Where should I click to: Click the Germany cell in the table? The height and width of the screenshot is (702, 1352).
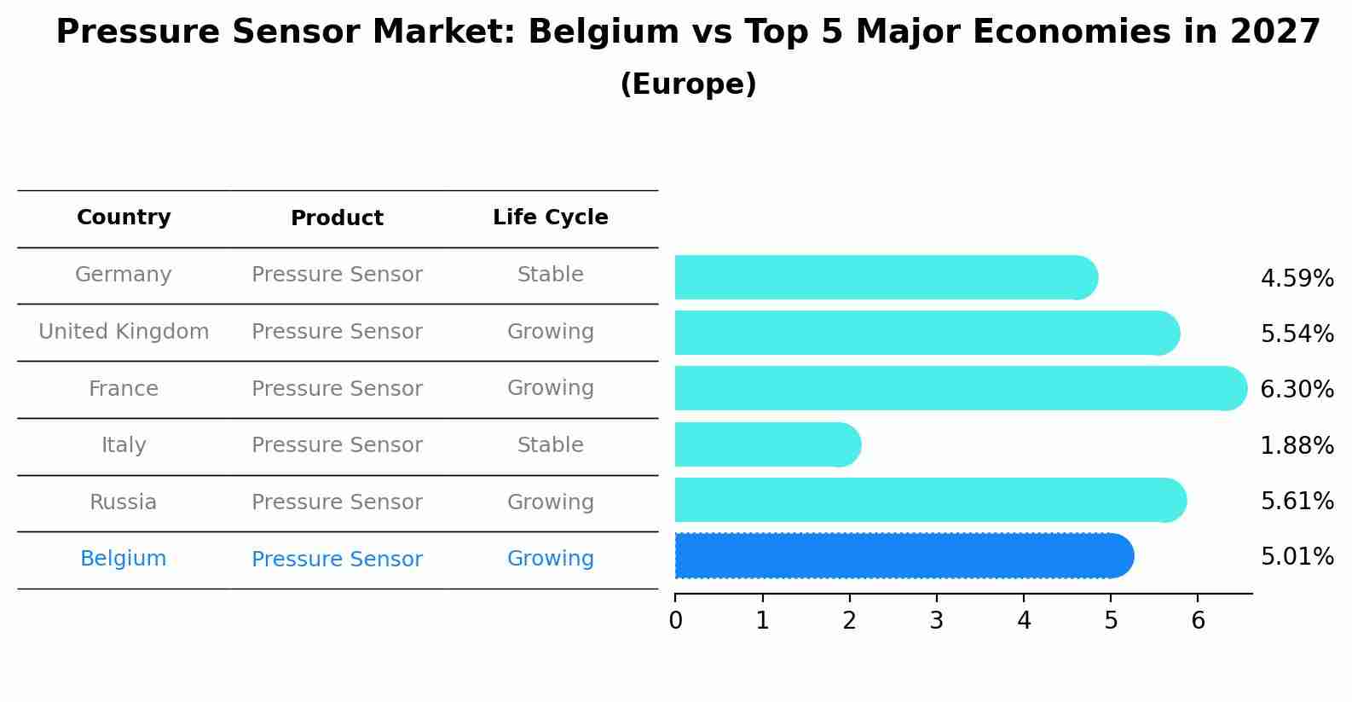point(124,275)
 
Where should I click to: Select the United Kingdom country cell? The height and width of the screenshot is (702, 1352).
point(124,332)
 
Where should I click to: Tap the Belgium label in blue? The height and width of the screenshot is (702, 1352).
point(124,559)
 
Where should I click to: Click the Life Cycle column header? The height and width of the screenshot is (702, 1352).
point(551,218)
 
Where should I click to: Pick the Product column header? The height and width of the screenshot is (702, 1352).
point(337,218)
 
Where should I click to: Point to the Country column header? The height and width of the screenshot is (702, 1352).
point(124,218)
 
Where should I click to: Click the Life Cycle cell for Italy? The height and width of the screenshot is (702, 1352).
point(551,445)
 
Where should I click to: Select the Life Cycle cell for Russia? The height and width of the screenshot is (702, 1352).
point(551,502)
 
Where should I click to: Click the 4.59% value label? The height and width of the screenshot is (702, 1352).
point(1297,279)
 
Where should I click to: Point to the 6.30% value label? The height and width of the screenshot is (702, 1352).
point(1297,390)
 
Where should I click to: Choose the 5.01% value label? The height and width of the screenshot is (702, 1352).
point(1297,557)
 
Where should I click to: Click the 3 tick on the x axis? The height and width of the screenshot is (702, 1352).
point(937,621)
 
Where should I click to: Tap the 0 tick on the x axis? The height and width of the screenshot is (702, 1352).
point(676,621)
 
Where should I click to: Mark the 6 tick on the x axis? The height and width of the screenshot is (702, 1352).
point(1198,621)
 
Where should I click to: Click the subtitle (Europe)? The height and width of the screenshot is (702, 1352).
point(688,84)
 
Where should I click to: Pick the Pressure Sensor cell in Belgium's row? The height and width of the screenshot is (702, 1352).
point(337,560)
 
